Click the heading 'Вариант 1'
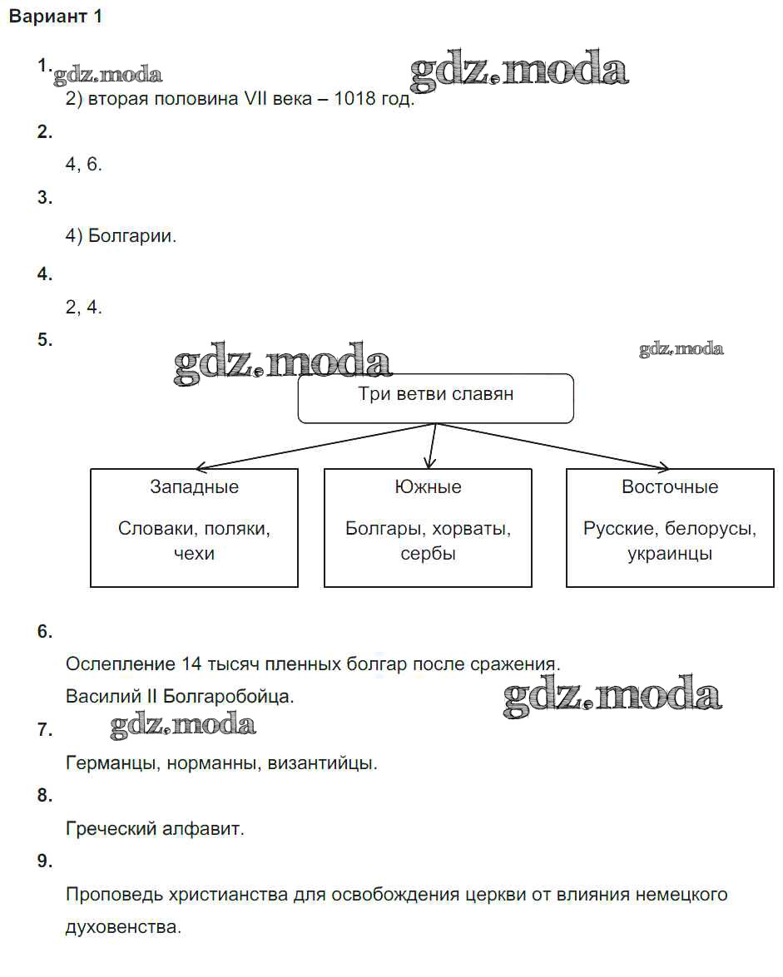coord(55,17)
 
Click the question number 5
coord(44,339)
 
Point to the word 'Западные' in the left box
coord(194,487)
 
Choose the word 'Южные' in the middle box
coord(428,487)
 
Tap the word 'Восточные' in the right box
coord(670,487)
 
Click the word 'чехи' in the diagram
coord(194,554)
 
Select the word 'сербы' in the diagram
coord(428,554)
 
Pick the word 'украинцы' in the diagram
coord(670,554)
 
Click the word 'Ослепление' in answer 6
coord(119,664)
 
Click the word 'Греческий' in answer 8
coord(106,828)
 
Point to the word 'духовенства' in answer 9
coord(122,926)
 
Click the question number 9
coord(44,861)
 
